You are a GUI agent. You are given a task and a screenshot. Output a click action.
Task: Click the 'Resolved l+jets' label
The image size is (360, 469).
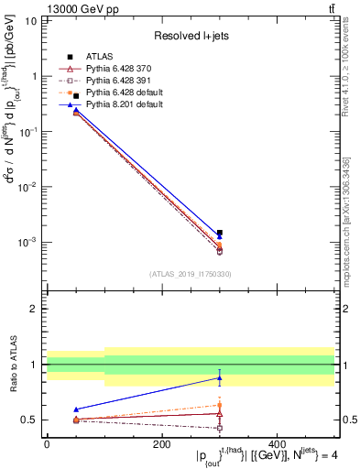pyautogui.click(x=194, y=36)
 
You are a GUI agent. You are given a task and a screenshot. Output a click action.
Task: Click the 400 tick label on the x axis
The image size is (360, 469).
pyautogui.click(x=277, y=444)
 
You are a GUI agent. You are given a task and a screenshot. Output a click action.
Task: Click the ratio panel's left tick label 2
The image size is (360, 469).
pyautogui.click(x=34, y=309)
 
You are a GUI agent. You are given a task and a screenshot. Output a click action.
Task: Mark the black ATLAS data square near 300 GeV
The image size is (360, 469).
pyautogui.click(x=219, y=233)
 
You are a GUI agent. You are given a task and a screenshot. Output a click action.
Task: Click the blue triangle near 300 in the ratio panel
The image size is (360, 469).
pyautogui.click(x=219, y=377)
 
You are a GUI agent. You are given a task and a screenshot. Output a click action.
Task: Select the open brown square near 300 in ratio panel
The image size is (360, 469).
pyautogui.click(x=219, y=428)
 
